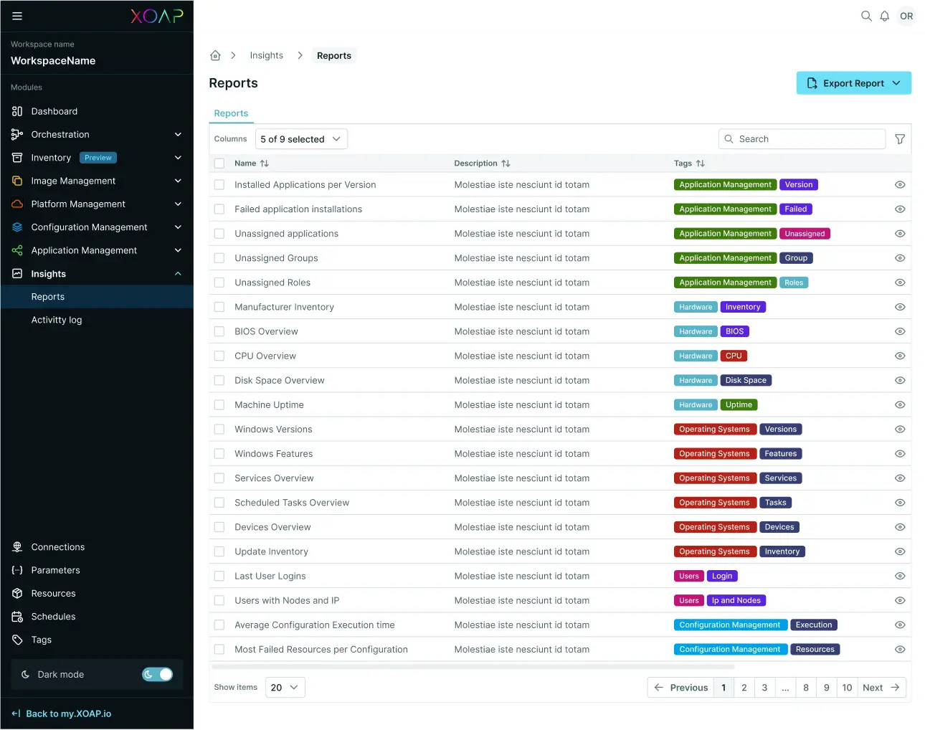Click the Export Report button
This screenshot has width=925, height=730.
[x=853, y=83]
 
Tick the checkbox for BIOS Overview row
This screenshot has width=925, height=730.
[x=219, y=331]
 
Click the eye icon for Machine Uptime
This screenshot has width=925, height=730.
[x=900, y=405]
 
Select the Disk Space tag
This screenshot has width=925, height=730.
[x=746, y=381]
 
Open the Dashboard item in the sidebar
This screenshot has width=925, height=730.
[x=54, y=111]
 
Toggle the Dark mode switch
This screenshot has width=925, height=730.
[x=158, y=674]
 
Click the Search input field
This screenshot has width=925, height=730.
[x=803, y=139]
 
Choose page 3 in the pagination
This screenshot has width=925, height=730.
[x=764, y=688]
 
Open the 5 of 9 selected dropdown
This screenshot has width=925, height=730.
[x=301, y=139]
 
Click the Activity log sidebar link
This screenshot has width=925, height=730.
[x=57, y=320]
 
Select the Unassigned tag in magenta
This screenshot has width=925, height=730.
[x=805, y=234]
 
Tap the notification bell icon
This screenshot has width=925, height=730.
[x=885, y=16]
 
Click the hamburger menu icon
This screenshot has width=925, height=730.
[x=17, y=16]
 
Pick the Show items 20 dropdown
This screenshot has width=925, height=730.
[x=285, y=688]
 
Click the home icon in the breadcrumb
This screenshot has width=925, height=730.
[x=215, y=55]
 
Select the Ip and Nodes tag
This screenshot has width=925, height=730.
[x=736, y=601]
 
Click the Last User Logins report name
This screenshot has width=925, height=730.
[x=270, y=576]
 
